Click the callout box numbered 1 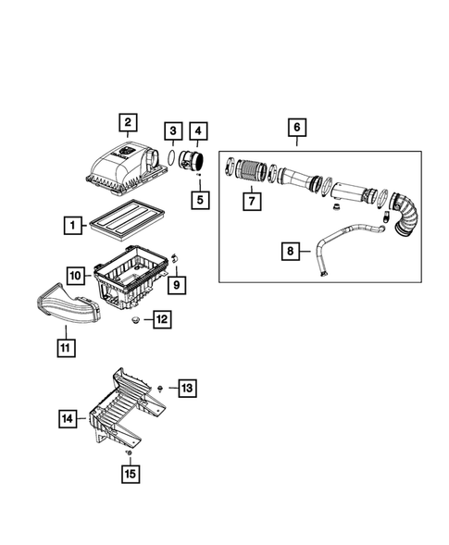point(71,223)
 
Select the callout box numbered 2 point(126,121)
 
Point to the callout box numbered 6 point(296,128)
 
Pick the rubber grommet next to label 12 point(136,321)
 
